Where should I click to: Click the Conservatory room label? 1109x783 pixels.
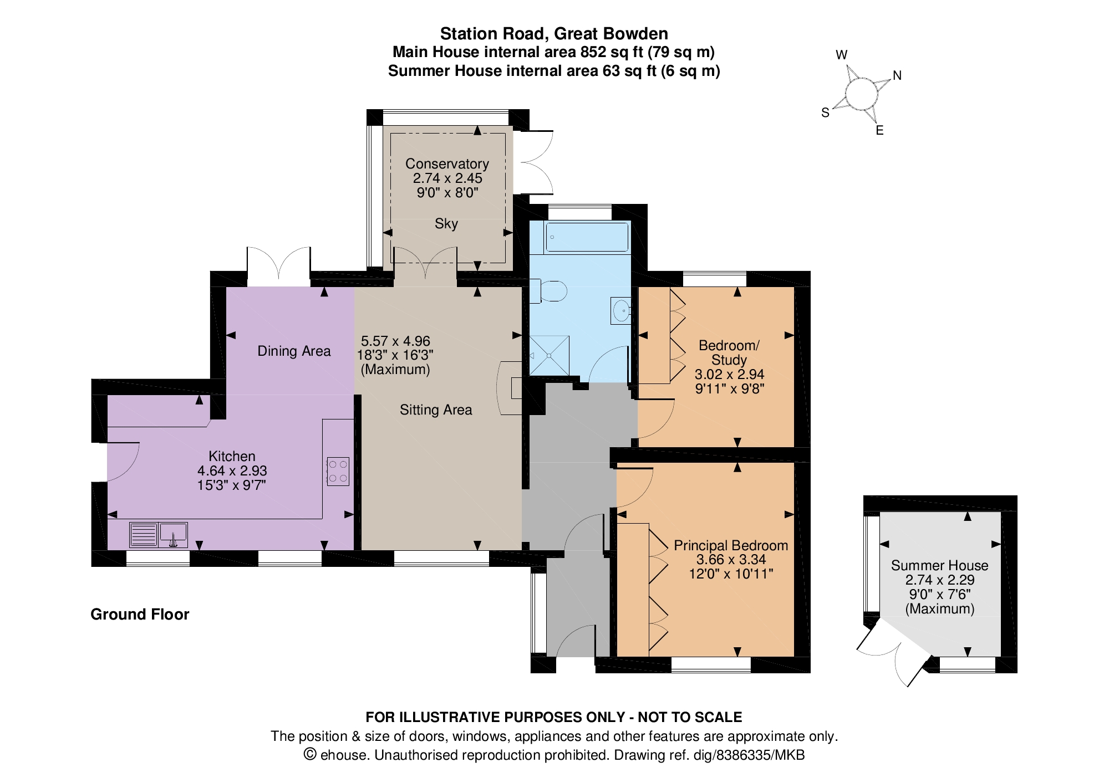[447, 164]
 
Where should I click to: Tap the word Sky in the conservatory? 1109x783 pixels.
[446, 223]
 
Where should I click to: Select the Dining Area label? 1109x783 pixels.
[294, 351]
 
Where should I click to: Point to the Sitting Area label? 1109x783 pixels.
[436, 410]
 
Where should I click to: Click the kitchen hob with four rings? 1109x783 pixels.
[338, 472]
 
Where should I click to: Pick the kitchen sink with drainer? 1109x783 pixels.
[158, 535]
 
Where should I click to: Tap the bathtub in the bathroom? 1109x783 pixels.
[587, 237]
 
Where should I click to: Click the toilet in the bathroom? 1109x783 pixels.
[548, 291]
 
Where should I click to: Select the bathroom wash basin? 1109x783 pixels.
[621, 311]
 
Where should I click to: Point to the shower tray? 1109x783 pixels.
[549, 355]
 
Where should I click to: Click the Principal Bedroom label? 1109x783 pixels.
[731, 545]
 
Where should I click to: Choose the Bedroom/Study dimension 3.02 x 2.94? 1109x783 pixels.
[730, 374]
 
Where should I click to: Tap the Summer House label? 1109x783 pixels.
[939, 565]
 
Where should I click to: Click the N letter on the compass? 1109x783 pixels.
[897, 75]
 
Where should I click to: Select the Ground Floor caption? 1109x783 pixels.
[140, 614]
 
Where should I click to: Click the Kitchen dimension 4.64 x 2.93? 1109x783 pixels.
[232, 470]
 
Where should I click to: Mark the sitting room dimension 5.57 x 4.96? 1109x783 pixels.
[395, 341]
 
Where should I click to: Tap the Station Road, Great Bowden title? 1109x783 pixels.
[554, 34]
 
